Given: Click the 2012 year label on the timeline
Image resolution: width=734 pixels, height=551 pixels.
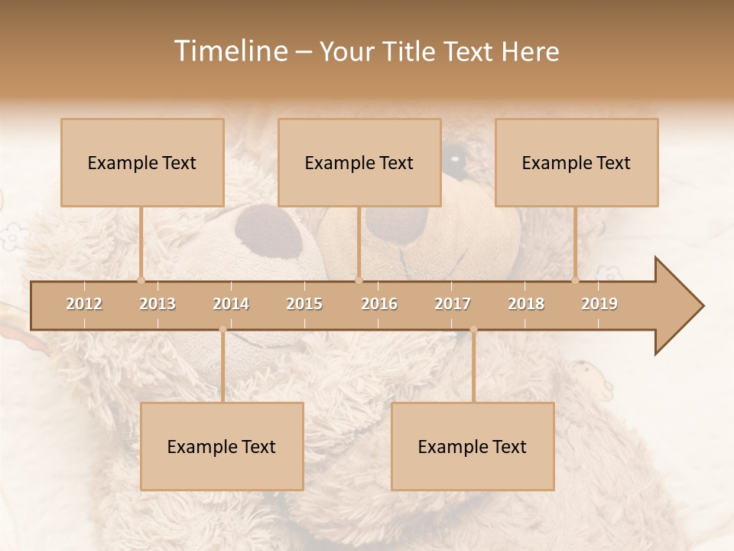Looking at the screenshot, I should pos(84,304).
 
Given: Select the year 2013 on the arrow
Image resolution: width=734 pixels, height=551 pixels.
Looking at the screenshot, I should pos(158,304).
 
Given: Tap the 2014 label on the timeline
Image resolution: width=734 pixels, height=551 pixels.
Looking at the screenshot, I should pos(231,304).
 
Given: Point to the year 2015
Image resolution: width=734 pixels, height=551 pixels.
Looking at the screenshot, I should pos(304,304).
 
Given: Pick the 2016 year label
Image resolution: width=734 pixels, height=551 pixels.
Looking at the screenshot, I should pos(379,304).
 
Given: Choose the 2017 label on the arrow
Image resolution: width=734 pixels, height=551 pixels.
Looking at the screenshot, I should pos(453,304).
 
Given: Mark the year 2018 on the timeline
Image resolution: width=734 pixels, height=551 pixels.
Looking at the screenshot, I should pos(526,304).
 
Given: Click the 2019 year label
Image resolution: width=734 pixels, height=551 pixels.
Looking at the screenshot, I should pos(599,304).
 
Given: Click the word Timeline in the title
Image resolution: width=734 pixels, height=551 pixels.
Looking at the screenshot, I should pos(229,51).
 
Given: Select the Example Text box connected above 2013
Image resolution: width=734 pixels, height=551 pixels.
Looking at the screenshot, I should pos(142,162).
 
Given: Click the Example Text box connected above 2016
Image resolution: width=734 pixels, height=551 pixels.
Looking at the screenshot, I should pos(359,162).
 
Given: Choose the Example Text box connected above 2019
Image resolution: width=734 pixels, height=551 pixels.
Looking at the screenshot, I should pos(576,162).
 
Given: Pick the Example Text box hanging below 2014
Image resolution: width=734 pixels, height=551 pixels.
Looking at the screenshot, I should pos(222,446).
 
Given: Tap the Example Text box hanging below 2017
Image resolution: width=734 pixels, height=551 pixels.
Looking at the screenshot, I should pos(473,446).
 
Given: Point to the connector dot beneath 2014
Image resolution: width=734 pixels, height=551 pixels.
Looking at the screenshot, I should pos(222,329).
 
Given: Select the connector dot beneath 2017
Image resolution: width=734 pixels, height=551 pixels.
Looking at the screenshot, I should pos(473,329).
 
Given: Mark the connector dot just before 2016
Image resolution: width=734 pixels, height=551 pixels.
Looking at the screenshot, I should pos(359,280).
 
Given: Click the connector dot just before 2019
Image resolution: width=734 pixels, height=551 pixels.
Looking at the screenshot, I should pos(576,280).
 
